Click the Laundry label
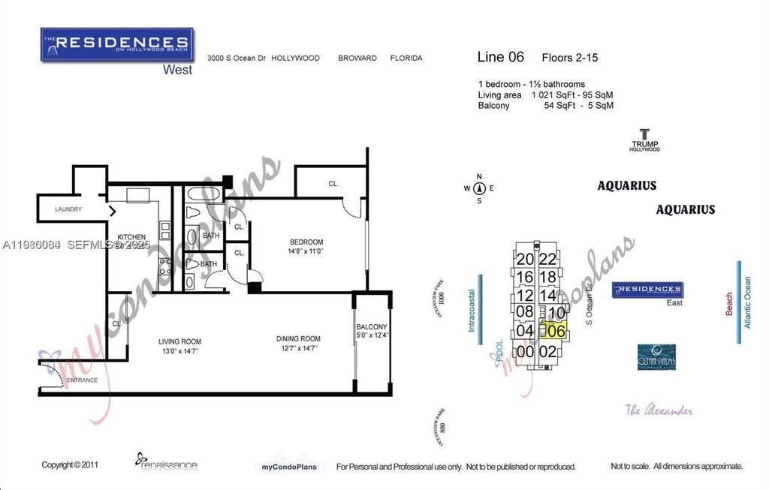tap(68, 209)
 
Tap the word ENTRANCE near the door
tap(82, 380)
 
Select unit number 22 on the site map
tap(548, 259)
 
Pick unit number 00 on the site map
tap(525, 350)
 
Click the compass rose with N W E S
tap(478, 188)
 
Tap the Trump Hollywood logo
tap(644, 140)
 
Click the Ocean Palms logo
tap(656, 356)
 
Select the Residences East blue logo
tap(647, 289)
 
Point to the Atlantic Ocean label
tap(746, 302)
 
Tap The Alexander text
tap(659, 410)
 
